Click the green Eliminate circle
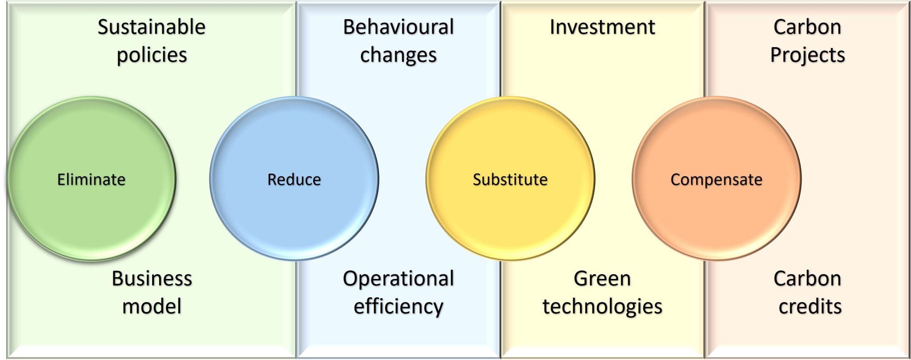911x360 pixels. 91,179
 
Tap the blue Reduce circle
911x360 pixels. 294,179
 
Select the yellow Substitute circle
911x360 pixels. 510,179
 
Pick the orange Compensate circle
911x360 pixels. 717,179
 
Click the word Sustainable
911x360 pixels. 152,27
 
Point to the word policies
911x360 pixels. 152,56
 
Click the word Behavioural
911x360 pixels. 399,27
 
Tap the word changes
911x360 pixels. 399,56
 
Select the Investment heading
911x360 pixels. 602,27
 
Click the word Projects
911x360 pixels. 807,56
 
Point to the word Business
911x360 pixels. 152,279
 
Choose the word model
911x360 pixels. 152,307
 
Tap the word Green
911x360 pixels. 602,279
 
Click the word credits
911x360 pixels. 810,307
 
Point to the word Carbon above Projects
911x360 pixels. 807,27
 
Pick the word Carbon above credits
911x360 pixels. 807,279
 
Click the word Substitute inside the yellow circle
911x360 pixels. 510,179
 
